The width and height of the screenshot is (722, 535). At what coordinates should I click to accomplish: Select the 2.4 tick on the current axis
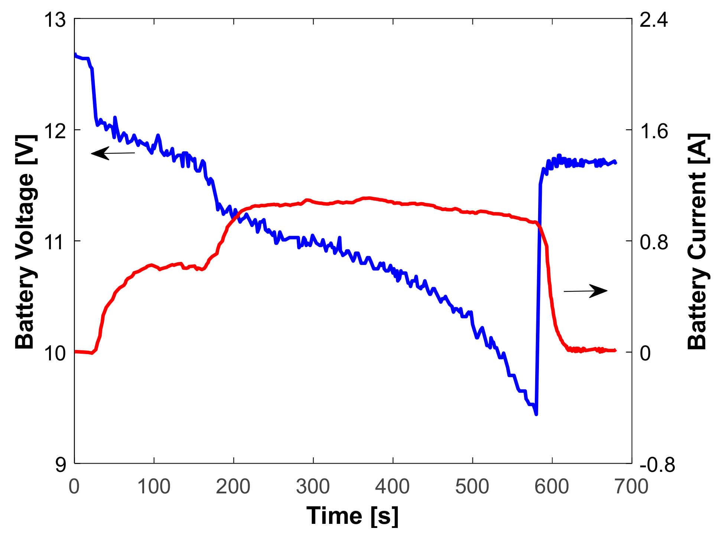(x=653, y=19)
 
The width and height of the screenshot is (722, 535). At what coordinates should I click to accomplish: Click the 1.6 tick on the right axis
(x=653, y=131)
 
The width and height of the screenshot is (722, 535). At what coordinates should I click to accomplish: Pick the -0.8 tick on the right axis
(x=657, y=464)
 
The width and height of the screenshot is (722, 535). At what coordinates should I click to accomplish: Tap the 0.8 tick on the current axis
(x=653, y=242)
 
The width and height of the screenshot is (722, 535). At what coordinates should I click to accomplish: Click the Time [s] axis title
(x=352, y=516)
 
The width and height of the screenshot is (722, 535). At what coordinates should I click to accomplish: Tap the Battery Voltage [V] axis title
(x=25, y=241)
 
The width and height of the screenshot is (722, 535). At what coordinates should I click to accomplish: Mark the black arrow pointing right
(x=586, y=291)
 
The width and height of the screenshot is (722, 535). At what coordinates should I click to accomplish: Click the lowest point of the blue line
(x=536, y=414)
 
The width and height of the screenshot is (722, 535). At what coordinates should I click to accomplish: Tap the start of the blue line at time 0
(x=75, y=55)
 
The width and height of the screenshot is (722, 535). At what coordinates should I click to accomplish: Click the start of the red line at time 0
(x=75, y=351)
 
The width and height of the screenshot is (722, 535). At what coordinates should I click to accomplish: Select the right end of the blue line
(x=615, y=162)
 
